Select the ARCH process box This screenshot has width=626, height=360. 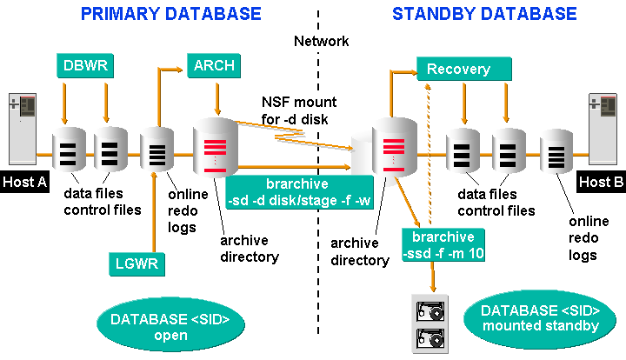click(213, 65)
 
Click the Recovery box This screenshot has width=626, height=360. click(461, 69)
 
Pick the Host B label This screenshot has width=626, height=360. click(600, 181)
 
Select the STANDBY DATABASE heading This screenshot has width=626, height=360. click(483, 14)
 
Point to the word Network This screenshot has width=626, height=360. click(321, 41)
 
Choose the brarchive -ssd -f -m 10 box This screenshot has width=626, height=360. click(437, 245)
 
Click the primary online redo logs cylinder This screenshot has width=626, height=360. click(158, 152)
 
